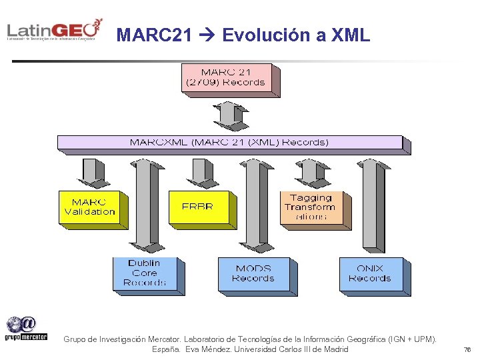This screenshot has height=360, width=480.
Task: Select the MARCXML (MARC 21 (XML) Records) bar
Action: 229,142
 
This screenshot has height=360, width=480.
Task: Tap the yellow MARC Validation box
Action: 90,207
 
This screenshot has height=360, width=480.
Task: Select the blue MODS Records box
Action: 253,273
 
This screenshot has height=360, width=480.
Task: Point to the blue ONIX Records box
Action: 370,273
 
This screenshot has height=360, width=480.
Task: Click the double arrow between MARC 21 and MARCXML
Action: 231,116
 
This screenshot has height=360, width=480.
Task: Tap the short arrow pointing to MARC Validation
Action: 91,172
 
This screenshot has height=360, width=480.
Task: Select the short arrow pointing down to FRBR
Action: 199,172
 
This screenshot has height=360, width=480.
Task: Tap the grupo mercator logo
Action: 27,328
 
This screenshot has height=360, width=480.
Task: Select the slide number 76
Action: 467,349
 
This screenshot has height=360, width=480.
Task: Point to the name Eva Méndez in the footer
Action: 210,349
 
